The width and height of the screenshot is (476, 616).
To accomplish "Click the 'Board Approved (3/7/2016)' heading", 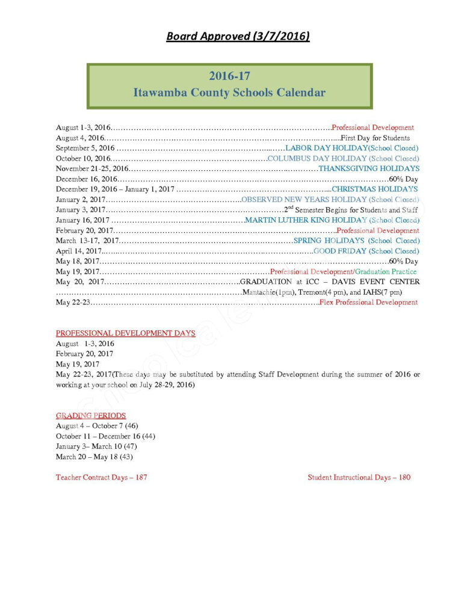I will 238,37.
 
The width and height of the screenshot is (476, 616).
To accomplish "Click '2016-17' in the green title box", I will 229,76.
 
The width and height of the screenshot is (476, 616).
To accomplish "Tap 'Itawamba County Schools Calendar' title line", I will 229,93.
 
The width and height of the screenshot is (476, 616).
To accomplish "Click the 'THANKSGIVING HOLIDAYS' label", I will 368,168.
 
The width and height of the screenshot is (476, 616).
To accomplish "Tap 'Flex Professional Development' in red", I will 368,303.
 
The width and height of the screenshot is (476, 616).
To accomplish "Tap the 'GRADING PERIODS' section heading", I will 91,416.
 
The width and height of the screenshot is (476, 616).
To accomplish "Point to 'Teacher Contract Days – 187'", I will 102,478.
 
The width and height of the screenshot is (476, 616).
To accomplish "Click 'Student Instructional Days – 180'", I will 359,478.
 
